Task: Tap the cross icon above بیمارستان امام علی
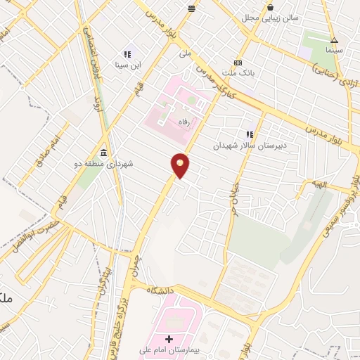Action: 169,340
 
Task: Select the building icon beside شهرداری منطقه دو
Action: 104,153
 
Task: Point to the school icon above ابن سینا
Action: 127,53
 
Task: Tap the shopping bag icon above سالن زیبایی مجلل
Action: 270,8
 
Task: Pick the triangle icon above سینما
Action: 335,39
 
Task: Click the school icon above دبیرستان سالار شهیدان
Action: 249,134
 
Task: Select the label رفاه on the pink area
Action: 186,120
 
